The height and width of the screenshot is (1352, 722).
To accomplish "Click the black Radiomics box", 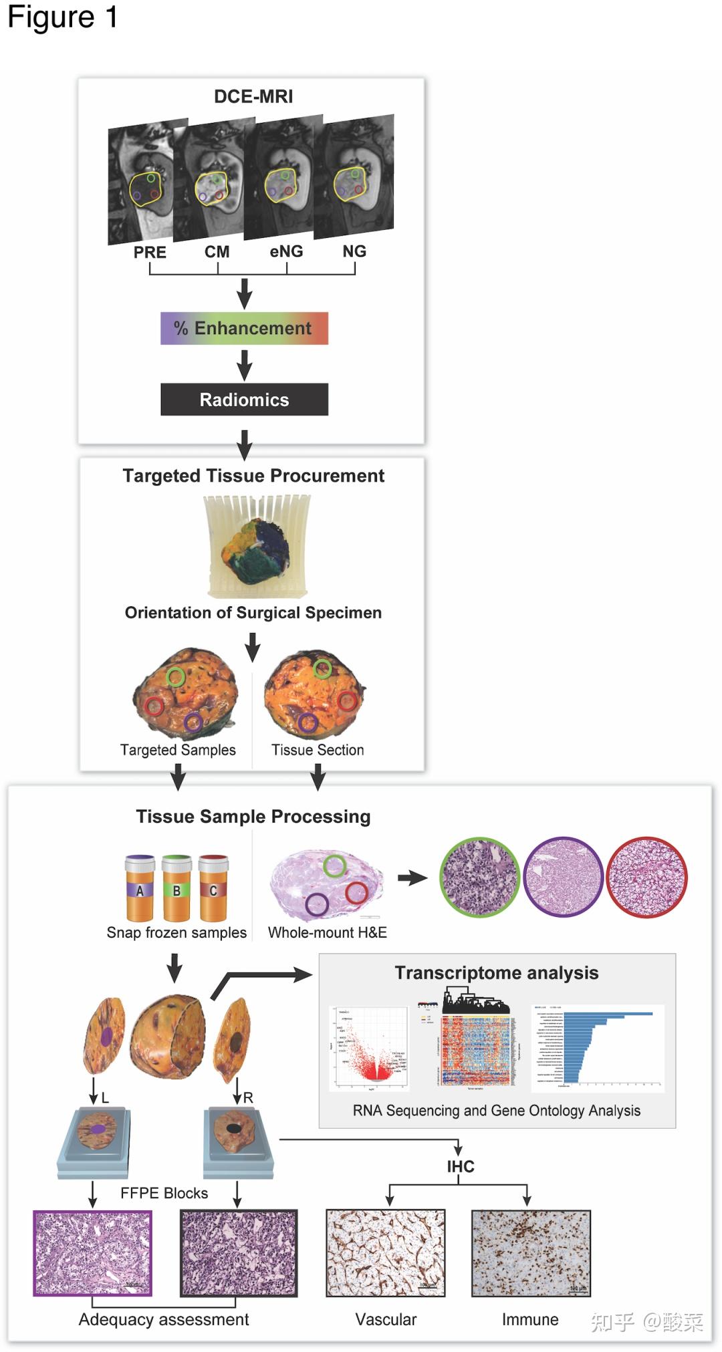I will point(244,400).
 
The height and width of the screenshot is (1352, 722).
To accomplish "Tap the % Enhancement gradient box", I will point(244,328).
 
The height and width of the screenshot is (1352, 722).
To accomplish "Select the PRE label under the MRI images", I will point(150,252).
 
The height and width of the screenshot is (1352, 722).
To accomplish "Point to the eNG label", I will point(286,251).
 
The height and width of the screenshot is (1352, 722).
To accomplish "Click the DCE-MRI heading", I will point(253,96).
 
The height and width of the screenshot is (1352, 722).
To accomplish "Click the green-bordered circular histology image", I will point(479,877).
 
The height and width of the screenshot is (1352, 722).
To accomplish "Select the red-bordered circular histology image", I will point(646,877).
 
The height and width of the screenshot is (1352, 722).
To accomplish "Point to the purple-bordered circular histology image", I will point(563,877).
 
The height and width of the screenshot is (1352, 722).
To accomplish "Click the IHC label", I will point(461,1167).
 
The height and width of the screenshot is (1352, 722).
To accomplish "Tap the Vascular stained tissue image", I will point(386,1252).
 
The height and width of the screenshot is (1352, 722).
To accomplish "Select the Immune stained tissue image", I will point(531,1252).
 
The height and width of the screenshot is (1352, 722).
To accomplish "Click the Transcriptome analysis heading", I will point(496,972).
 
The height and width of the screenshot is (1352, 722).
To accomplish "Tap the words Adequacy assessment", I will point(164,1319).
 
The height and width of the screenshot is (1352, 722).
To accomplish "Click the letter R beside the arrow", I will point(248,1097).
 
